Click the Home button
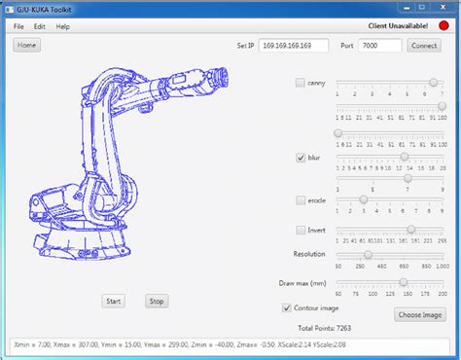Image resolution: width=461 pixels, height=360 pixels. (26, 46)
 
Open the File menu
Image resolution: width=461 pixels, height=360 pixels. (18, 26)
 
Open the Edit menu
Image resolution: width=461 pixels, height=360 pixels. (40, 26)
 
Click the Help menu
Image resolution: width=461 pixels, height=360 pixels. (63, 26)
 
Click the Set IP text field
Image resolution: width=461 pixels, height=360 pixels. (293, 46)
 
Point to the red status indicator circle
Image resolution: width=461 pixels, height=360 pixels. (444, 25)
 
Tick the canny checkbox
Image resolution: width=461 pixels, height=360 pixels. (301, 84)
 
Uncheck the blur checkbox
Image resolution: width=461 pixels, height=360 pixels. (301, 156)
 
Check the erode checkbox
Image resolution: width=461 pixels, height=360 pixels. (301, 198)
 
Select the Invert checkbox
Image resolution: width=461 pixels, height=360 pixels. (301, 230)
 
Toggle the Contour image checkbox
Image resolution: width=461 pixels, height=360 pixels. (285, 307)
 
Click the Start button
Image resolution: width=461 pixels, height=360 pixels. (114, 301)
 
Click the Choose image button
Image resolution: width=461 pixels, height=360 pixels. (420, 314)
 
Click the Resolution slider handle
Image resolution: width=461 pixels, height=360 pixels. (367, 254)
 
